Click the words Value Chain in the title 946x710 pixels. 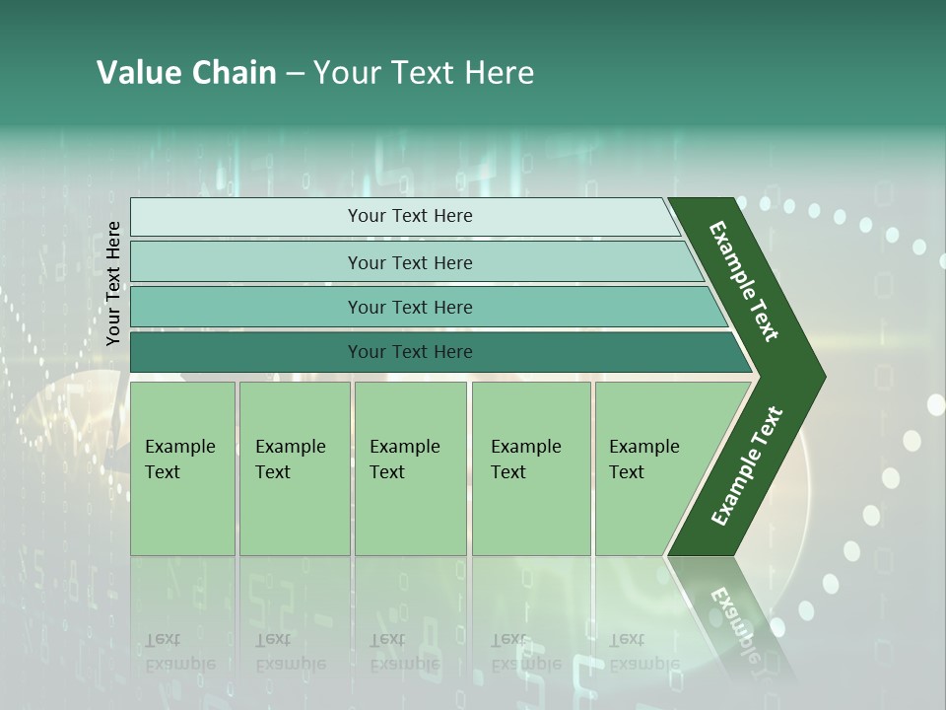pos(186,73)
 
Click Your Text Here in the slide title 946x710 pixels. pos(424,73)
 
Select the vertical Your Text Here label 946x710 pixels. pos(113,283)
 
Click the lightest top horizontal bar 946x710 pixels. pos(246,217)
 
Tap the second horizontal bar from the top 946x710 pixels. pos(246,262)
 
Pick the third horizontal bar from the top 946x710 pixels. pos(246,307)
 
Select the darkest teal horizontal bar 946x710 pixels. pos(246,352)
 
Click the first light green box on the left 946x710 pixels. pos(182,513)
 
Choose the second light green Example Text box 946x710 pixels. pos(294,513)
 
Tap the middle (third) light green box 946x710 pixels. pos(410,513)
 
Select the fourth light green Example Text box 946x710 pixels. pos(530,513)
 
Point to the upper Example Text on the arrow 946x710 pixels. pos(744,281)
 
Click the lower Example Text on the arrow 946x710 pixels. pos(746,466)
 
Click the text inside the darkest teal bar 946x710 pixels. pos(410,352)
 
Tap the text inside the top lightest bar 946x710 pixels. pos(410,216)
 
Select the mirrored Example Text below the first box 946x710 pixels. pos(179,652)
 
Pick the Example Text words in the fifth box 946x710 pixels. pos(643,459)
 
